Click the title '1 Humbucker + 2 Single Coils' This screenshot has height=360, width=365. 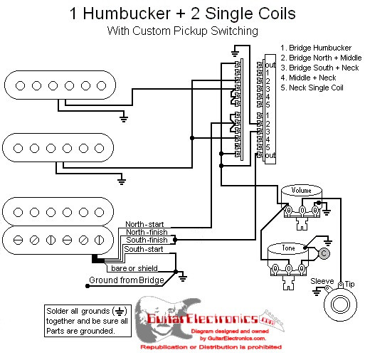[x=182, y=14]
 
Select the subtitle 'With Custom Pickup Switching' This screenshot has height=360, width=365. [x=182, y=31]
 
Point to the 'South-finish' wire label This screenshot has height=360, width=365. [x=147, y=240]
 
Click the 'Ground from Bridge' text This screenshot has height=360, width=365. [x=126, y=280]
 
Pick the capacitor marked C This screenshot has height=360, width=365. [x=324, y=253]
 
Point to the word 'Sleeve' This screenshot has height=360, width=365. [x=322, y=282]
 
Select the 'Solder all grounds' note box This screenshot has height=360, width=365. [x=85, y=321]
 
